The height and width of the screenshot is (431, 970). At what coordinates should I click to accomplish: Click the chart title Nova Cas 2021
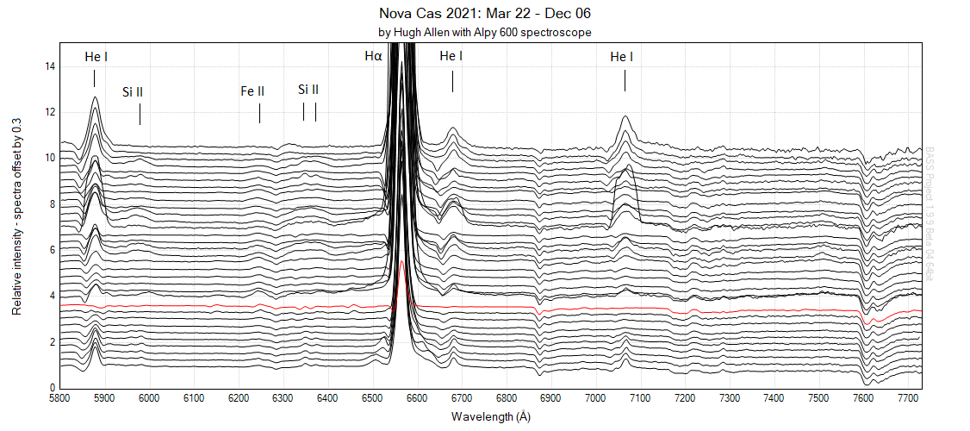tap(485, 14)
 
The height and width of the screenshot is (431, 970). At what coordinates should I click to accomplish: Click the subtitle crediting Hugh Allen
tap(485, 32)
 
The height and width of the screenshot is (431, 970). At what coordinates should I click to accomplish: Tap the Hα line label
tap(373, 57)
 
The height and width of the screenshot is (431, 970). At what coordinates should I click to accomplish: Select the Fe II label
tap(252, 90)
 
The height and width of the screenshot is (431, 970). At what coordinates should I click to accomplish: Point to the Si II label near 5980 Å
tap(133, 91)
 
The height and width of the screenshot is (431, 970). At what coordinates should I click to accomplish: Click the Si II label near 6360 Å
tap(308, 90)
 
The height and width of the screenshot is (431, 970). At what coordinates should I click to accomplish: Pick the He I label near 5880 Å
tap(96, 57)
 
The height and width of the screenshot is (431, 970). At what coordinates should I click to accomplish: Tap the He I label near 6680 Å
tap(451, 56)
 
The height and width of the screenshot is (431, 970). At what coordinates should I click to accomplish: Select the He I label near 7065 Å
tap(622, 57)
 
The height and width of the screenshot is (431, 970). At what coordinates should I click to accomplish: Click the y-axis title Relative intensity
tap(16, 215)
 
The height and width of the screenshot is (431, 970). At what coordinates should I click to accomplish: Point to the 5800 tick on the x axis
tap(60, 399)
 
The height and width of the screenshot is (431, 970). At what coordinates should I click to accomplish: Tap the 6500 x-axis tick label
tap(372, 399)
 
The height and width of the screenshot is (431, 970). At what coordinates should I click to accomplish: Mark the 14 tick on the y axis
tap(50, 66)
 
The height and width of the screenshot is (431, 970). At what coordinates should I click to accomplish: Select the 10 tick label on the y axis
tap(50, 159)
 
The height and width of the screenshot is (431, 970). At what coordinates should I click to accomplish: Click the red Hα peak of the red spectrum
tap(401, 265)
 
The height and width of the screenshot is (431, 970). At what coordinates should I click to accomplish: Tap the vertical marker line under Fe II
tap(259, 112)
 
